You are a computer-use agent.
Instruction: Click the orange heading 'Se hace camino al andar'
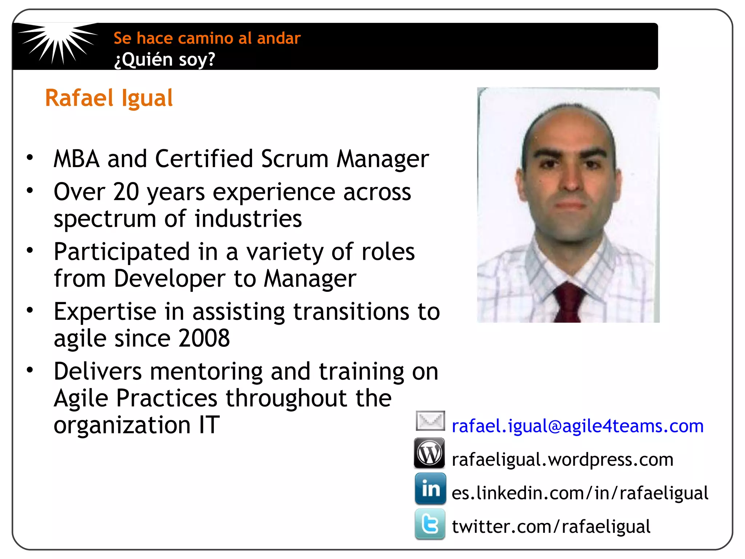[x=207, y=38]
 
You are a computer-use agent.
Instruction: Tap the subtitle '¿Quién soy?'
[x=165, y=59]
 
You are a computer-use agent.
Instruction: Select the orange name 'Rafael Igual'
[x=109, y=98]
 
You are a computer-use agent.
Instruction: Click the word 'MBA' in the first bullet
[x=76, y=159]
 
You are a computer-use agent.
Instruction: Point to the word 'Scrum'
[x=295, y=159]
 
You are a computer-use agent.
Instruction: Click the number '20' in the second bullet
[x=126, y=192]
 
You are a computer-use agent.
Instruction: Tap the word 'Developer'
[x=170, y=279]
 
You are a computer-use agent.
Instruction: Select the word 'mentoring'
[x=206, y=372]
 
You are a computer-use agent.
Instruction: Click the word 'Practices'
[x=166, y=398]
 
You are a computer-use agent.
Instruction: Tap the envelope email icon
[x=430, y=421]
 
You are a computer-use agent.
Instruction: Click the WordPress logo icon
[x=429, y=453]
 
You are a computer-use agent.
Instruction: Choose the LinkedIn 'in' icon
[x=430, y=488]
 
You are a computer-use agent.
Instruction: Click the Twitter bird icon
[x=430, y=524]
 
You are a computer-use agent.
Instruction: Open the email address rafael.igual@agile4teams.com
[x=577, y=426]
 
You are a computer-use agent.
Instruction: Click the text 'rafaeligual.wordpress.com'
[x=562, y=460]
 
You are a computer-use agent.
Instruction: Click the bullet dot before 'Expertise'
[x=30, y=310]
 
